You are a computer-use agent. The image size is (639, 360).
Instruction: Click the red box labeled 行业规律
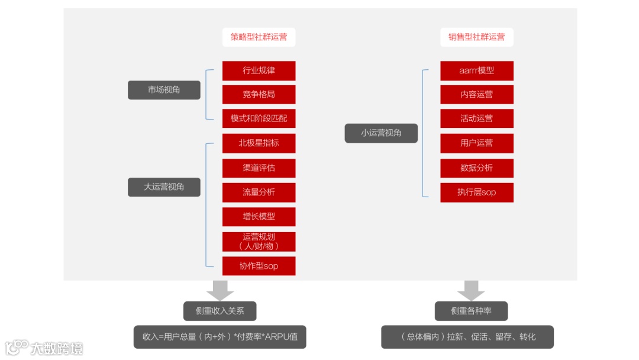click(x=259, y=70)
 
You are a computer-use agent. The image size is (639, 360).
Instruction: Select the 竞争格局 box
click(x=259, y=94)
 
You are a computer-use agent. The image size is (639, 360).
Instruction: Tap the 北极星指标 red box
click(x=259, y=143)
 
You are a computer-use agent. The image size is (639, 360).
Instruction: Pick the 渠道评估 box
click(x=259, y=168)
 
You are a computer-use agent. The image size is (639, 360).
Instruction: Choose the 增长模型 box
click(x=259, y=217)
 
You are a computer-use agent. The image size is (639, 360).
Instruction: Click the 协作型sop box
click(x=259, y=266)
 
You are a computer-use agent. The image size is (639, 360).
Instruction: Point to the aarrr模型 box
click(x=476, y=70)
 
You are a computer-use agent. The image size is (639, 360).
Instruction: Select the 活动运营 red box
click(x=476, y=118)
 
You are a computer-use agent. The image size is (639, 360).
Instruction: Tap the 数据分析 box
click(x=476, y=168)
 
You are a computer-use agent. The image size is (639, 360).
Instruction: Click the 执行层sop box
click(x=476, y=192)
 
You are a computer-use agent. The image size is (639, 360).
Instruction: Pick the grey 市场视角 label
click(x=164, y=90)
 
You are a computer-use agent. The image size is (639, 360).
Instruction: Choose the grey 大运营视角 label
click(x=164, y=187)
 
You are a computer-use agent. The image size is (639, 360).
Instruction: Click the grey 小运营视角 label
click(x=381, y=133)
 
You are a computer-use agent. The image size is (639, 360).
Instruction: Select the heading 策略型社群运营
click(x=259, y=37)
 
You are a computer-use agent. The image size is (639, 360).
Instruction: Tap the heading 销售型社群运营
click(x=476, y=37)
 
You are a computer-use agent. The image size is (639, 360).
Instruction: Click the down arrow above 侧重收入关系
click(x=220, y=290)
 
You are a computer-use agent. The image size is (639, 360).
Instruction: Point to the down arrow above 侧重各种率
click(x=471, y=290)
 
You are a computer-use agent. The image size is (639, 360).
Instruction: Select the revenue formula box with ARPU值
click(x=220, y=337)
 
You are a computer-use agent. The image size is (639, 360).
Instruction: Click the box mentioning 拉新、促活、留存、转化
click(x=467, y=337)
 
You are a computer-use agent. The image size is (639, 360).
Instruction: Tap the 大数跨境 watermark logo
click(x=44, y=347)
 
